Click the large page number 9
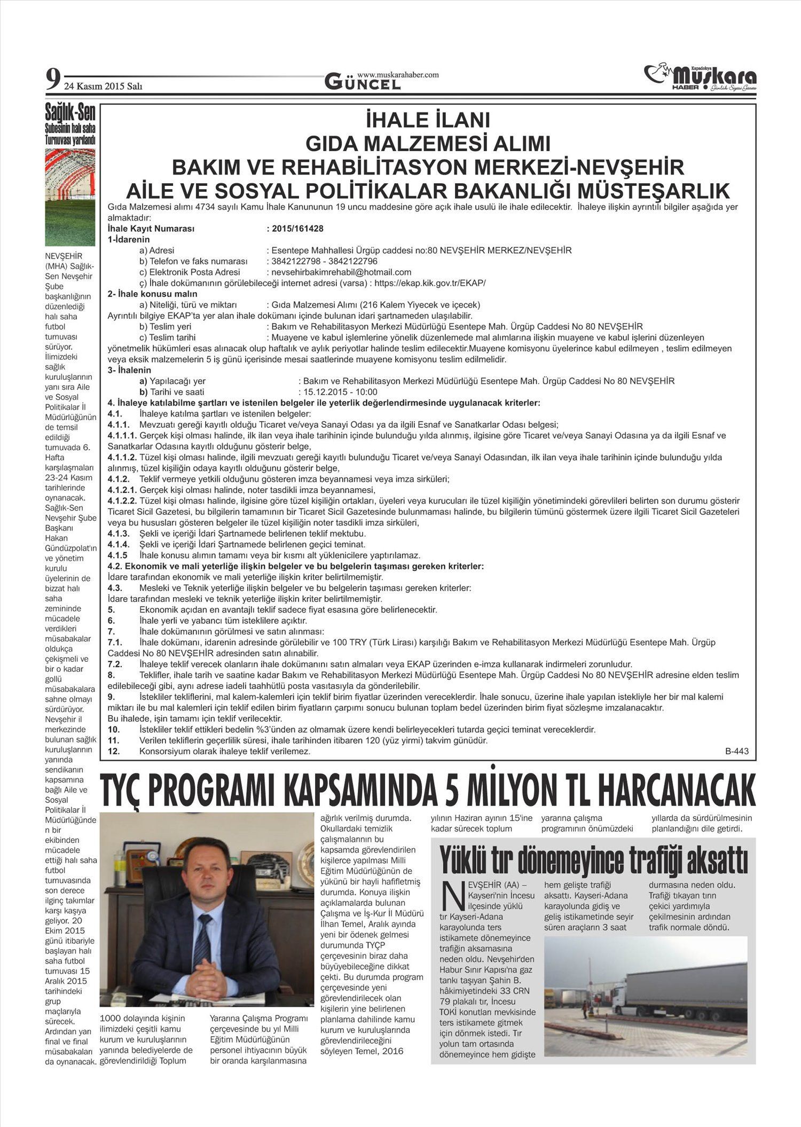tap(52, 80)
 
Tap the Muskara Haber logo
tap(700, 78)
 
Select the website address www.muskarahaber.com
tap(398, 75)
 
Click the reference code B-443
tap(736, 751)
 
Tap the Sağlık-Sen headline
tap(70, 113)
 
